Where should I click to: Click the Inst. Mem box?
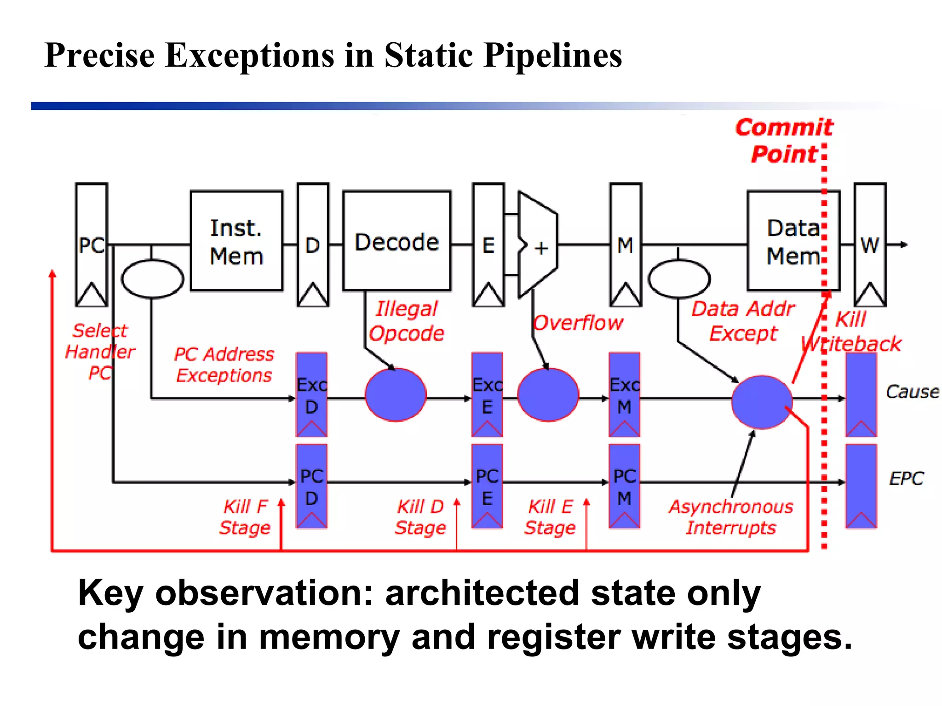click(236, 241)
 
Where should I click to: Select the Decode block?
click(396, 241)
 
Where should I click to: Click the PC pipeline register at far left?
click(92, 245)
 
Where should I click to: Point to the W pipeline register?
click(870, 245)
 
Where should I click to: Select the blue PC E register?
click(487, 486)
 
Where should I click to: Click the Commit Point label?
click(784, 141)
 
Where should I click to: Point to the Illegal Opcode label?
click(407, 321)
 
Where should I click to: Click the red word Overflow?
click(578, 323)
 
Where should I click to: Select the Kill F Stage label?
click(245, 517)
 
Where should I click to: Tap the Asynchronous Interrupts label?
click(731, 517)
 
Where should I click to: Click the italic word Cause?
click(912, 392)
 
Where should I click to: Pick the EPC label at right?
click(906, 478)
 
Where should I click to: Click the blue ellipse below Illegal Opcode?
click(396, 395)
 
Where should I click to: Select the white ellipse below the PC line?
click(152, 279)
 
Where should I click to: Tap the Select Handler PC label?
click(100, 352)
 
